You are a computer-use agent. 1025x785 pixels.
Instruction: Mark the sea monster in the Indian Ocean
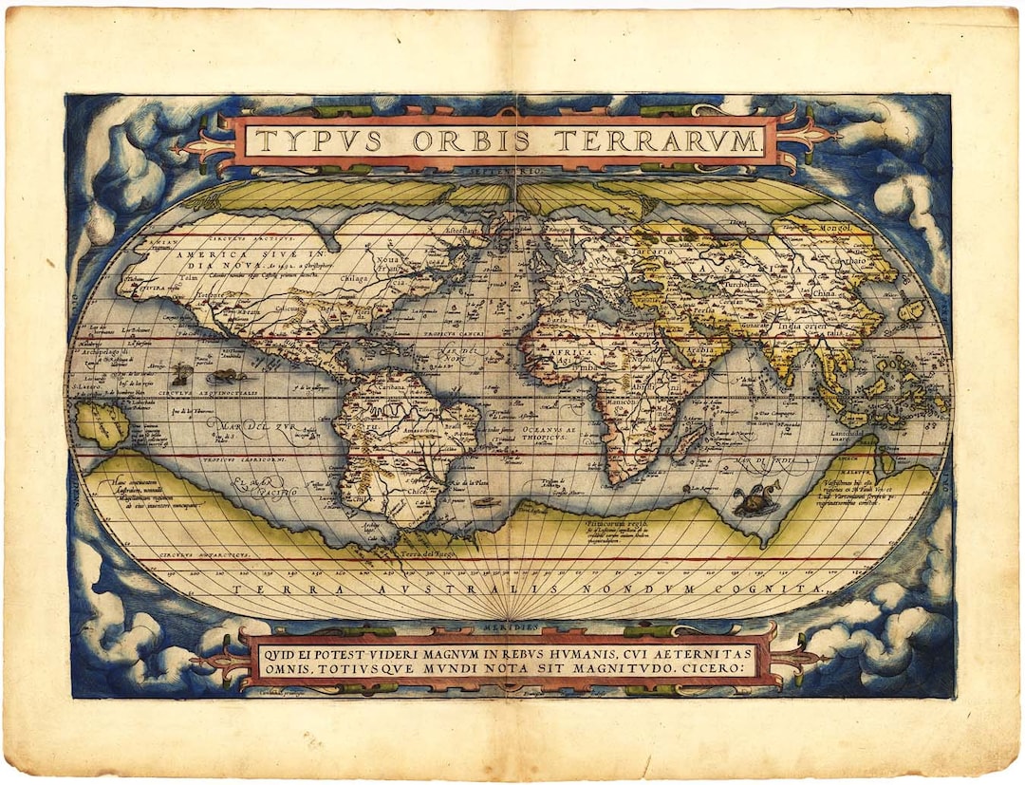pyautogui.click(x=755, y=497)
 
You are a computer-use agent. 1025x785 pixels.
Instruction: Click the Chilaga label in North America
pyautogui.click(x=355, y=279)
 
